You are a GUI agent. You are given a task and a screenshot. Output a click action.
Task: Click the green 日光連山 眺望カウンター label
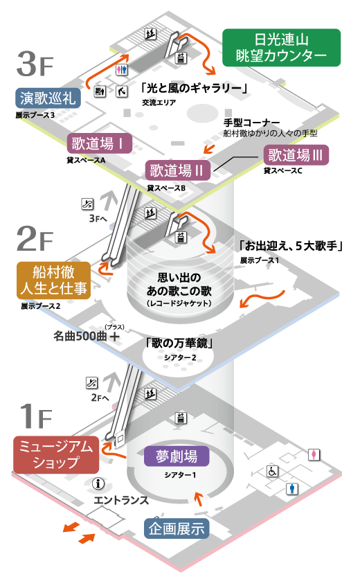click(x=281, y=48)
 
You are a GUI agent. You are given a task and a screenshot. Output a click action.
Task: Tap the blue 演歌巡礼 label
click(x=48, y=98)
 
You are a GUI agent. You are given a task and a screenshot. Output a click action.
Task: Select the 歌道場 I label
click(x=99, y=143)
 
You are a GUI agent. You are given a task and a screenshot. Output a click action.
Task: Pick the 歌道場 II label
click(x=178, y=170)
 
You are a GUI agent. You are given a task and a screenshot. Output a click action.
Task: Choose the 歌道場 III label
click(x=296, y=155)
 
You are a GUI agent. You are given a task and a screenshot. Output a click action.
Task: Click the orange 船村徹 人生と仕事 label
click(x=54, y=280)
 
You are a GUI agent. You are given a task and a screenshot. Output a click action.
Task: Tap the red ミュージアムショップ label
click(x=56, y=455)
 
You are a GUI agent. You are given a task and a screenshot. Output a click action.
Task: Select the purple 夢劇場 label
click(x=177, y=456)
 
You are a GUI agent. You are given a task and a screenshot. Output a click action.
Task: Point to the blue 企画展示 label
click(x=177, y=528)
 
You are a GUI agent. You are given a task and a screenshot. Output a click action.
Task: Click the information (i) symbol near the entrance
click(x=98, y=483)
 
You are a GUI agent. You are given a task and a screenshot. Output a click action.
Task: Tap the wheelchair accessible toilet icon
click(x=273, y=471)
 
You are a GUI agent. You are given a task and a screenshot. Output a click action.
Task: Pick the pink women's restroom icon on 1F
click(x=314, y=454)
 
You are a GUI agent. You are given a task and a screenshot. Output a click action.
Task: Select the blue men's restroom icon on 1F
click(x=292, y=489)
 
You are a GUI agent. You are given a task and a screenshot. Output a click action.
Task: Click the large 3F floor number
click(x=35, y=64)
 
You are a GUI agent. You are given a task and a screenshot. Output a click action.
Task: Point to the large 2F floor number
click(x=35, y=239)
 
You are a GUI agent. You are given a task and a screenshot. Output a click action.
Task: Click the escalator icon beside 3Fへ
click(x=87, y=204)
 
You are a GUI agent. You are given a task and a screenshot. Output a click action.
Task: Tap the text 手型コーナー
click(x=252, y=123)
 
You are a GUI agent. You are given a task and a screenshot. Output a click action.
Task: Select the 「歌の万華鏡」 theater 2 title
click(x=179, y=344)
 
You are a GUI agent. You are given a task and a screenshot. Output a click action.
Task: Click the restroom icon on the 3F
click(x=122, y=70)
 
